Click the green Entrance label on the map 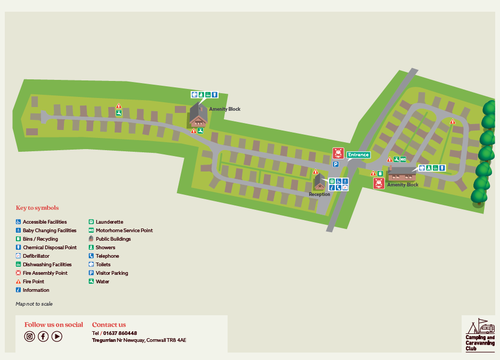point(358,155)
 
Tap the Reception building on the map point(319,182)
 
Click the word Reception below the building point(319,194)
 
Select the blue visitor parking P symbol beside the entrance point(336,165)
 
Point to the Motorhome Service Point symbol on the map point(403,159)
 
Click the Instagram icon point(30,336)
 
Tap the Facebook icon point(43,336)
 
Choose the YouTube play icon point(57,336)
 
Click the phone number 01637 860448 point(120,333)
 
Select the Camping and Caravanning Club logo point(480,335)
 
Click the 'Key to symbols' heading point(37,208)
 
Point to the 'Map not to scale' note point(34,304)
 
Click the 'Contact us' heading point(109,324)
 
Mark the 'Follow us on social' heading point(54,324)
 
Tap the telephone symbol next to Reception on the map point(338,187)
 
